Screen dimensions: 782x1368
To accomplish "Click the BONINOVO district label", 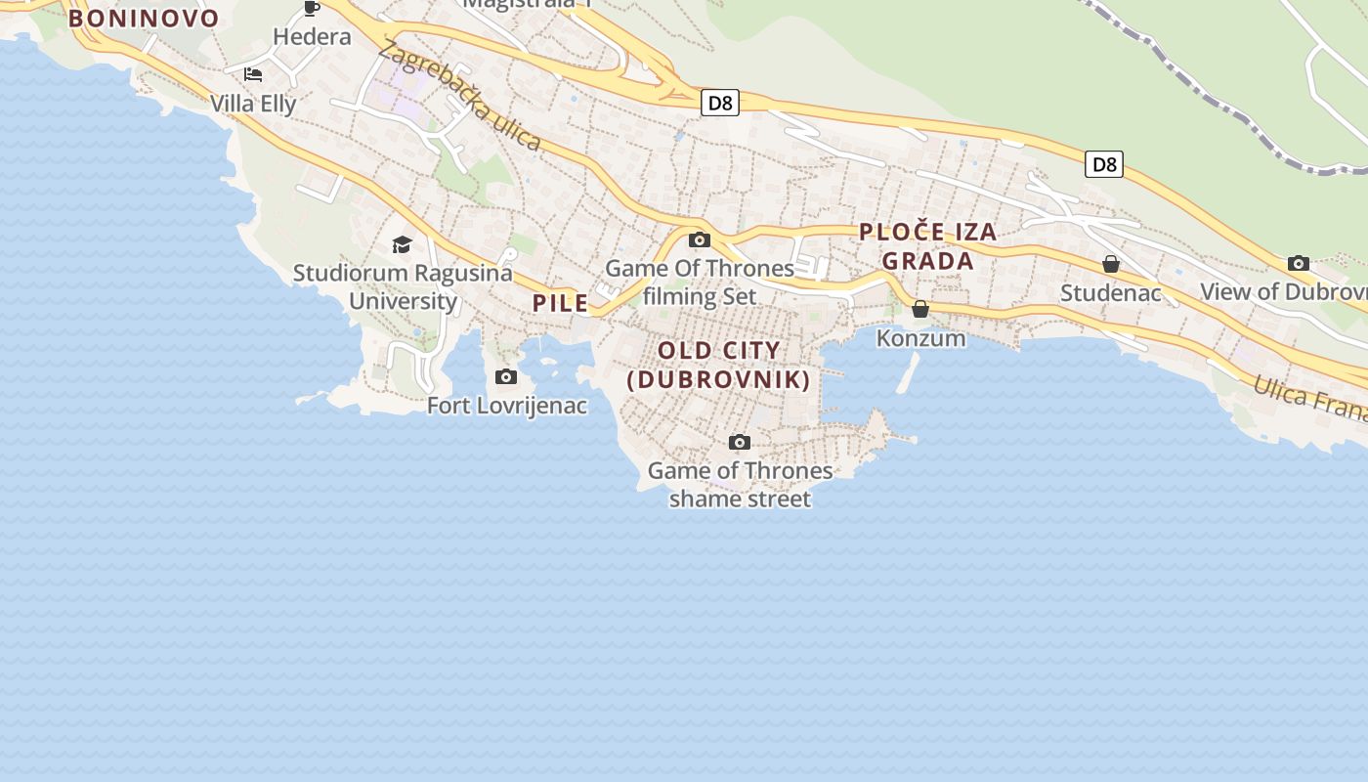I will [144, 19].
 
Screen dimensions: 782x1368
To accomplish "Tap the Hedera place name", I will [312, 37].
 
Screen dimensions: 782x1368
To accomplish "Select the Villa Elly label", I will [253, 104].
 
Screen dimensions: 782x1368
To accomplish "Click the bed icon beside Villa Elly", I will [253, 74].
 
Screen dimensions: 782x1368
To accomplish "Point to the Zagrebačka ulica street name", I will [460, 95].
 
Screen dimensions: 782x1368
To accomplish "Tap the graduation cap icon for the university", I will [402, 244].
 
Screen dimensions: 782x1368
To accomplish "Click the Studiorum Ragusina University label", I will [403, 286].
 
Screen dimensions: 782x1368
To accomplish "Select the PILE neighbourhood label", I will [561, 303].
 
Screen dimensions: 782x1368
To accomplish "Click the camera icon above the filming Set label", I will [699, 240].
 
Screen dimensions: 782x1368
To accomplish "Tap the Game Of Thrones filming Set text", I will [700, 282].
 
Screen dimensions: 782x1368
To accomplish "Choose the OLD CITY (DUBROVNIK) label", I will [719, 365].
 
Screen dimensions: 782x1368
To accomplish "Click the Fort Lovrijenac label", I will [507, 405].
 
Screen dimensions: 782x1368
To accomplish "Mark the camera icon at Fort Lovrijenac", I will [506, 377].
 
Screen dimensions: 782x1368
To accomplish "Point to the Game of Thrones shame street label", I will [740, 485].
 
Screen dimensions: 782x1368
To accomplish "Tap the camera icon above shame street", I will [740, 443].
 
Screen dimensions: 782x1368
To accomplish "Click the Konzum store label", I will [920, 338].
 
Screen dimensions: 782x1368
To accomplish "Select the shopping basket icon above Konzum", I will [920, 310].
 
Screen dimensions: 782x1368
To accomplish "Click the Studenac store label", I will [1111, 292].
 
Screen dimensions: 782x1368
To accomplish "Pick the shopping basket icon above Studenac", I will [1111, 264].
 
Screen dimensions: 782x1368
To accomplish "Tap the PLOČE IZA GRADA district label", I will [927, 246].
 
